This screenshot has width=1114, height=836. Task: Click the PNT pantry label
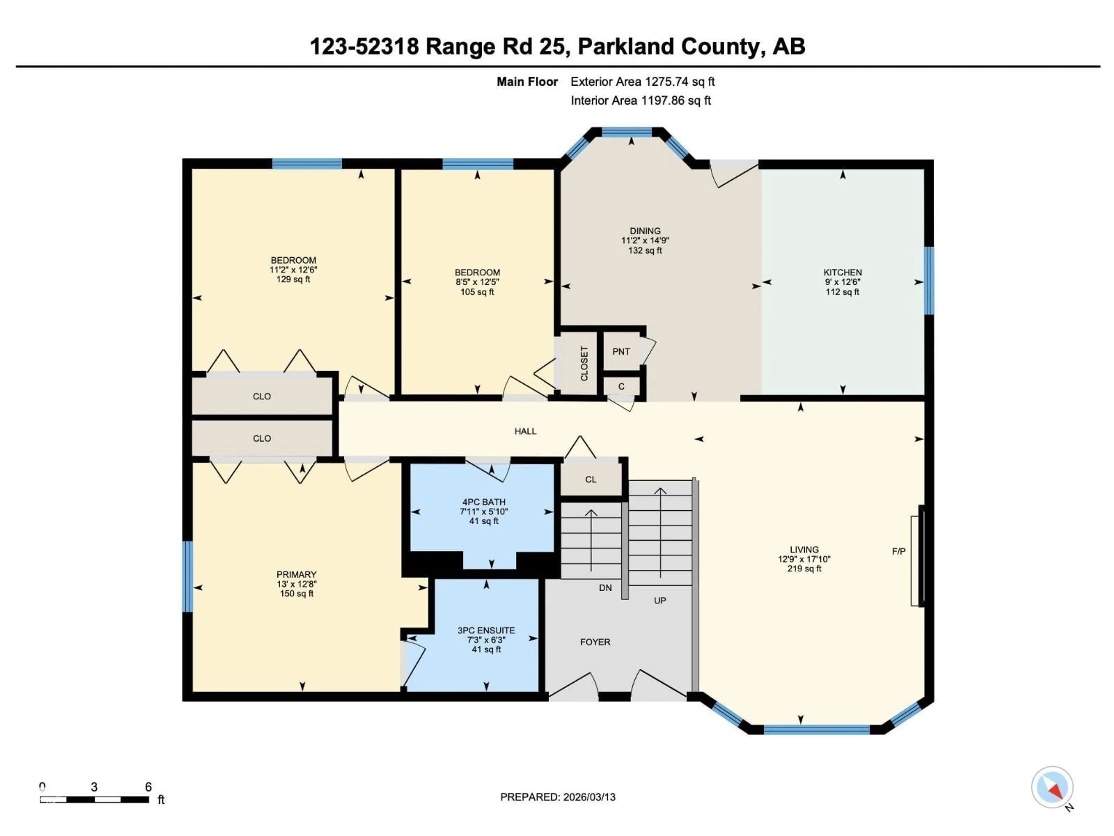(x=621, y=352)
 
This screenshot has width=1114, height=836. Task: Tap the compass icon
(x=1052, y=787)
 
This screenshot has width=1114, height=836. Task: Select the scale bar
(x=94, y=799)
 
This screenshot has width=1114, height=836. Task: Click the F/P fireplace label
(x=898, y=551)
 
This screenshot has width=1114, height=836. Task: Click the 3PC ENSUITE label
(x=486, y=630)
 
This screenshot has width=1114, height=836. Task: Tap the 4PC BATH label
(x=484, y=502)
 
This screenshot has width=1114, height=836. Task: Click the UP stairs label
(x=660, y=601)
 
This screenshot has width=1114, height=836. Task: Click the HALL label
(x=525, y=431)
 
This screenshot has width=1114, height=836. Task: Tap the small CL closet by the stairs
(x=591, y=479)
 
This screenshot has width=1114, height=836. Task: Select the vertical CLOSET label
(x=584, y=363)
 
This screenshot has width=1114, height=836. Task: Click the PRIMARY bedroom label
(x=296, y=574)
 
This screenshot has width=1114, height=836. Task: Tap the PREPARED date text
(x=558, y=797)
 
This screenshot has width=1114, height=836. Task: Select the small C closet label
(x=621, y=387)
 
